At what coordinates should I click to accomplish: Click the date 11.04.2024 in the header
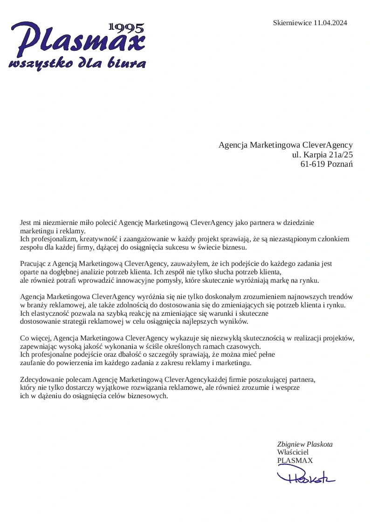[330, 23]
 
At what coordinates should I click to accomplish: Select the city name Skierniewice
[293, 23]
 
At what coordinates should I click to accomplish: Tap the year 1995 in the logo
[126, 28]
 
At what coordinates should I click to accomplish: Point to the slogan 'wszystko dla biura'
[77, 63]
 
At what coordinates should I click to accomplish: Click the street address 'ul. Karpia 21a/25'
[322, 154]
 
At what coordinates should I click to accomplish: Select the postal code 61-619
[313, 164]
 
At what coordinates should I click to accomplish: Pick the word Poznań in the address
[340, 164]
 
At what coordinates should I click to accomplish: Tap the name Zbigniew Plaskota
[305, 444]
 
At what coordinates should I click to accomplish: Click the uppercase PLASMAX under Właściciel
[295, 461]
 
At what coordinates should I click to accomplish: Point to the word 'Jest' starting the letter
[26, 223]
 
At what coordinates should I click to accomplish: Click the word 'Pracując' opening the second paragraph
[33, 264]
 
